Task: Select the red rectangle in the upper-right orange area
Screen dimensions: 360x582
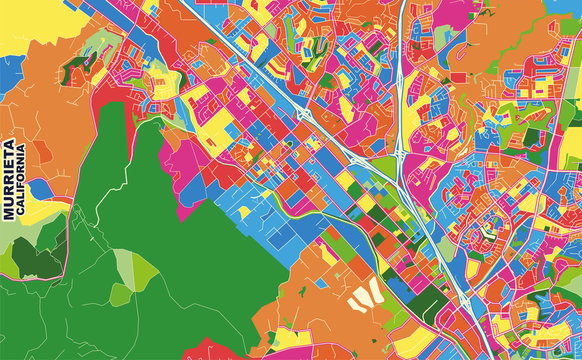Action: tap(459, 77)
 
